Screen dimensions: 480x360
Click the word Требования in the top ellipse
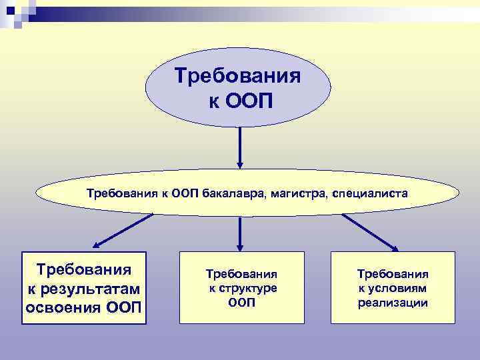(x=237, y=76)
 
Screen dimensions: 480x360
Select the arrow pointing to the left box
(x=124, y=230)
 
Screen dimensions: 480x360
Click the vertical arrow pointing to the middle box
(x=240, y=232)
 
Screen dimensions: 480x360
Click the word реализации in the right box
(x=393, y=303)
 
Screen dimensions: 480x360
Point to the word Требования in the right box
(x=393, y=274)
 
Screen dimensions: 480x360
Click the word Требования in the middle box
(x=241, y=274)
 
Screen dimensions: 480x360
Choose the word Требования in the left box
(x=83, y=269)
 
